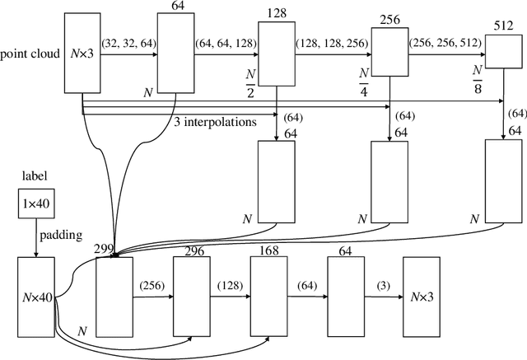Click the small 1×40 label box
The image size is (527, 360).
36,203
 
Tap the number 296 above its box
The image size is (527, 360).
194,250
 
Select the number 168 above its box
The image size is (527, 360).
269,249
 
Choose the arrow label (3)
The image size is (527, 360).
383,285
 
